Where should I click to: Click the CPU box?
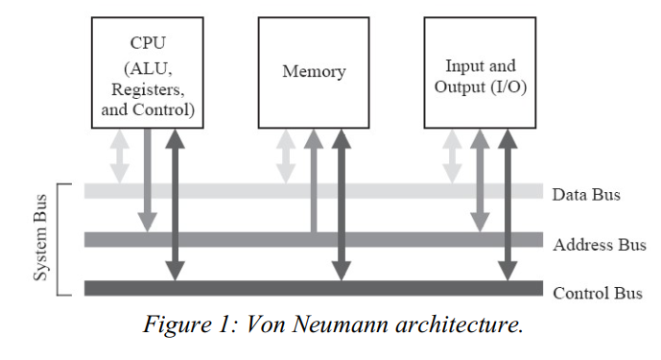click(147, 72)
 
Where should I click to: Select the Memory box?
click(314, 72)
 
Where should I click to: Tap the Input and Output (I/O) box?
click(480, 72)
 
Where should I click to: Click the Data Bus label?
click(586, 195)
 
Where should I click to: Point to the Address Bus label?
click(600, 245)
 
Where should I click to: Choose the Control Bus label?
click(598, 292)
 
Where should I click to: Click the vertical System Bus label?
click(41, 240)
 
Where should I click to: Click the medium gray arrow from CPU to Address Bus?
click(147, 178)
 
